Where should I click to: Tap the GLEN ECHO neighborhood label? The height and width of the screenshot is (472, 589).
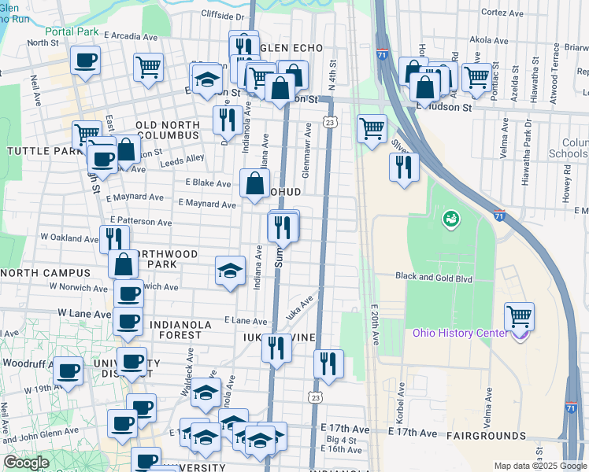pos(291,48)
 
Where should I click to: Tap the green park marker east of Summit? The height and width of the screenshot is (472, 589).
pos(451,217)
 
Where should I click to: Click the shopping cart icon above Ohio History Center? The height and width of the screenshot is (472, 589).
pos(519,316)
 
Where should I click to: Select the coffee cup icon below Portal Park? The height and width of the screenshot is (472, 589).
pos(85,60)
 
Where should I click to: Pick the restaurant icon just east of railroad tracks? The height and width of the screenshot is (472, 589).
pos(404,166)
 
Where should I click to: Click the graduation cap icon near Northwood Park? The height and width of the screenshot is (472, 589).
pos(229,271)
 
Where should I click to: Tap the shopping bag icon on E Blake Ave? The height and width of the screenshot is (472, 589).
pos(255,184)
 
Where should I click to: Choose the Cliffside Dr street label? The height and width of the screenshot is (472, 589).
pos(223,15)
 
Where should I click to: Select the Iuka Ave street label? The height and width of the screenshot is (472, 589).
pos(299,306)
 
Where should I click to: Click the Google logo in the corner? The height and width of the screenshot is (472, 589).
pos(26,463)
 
